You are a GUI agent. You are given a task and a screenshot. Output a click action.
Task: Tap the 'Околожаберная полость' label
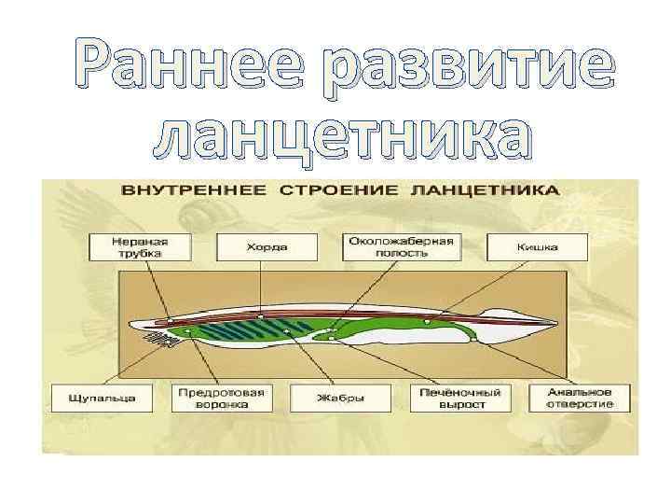401,246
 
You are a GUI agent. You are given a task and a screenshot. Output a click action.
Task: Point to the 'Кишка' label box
538,247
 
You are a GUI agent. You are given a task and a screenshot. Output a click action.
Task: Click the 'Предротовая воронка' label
222,398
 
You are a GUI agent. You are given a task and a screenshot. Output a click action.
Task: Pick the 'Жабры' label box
340,399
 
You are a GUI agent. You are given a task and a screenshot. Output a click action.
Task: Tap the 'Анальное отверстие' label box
572,398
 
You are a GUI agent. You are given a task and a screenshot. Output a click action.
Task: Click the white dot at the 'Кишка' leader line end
426,322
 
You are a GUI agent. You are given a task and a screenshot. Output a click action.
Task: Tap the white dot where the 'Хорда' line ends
262,317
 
